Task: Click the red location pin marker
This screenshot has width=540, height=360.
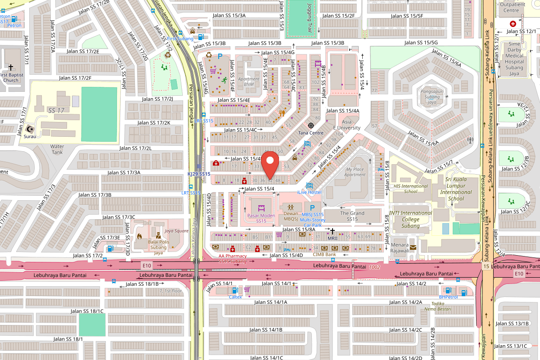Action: pos(270,165)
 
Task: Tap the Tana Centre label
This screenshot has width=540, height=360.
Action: pos(311,133)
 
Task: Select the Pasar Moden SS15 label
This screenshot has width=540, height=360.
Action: pos(261,218)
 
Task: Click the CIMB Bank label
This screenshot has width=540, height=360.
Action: pos(324,254)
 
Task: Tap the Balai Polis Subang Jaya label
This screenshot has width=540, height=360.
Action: pos(157,247)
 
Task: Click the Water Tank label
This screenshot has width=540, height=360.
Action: pos(57,149)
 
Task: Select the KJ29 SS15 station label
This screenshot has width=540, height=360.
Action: pos(199,174)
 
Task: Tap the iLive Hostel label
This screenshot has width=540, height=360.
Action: pos(309,192)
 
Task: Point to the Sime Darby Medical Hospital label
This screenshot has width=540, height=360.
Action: pos(514,58)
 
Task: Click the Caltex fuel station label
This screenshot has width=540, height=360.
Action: pos(235,297)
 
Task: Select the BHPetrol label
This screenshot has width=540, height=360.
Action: pos(448,297)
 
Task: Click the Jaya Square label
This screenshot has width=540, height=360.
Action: pos(176,231)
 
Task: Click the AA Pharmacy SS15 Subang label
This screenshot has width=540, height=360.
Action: pos(233,259)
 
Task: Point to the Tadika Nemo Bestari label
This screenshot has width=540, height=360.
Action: pos(438,306)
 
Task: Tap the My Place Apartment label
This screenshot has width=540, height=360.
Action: pos(355,172)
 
